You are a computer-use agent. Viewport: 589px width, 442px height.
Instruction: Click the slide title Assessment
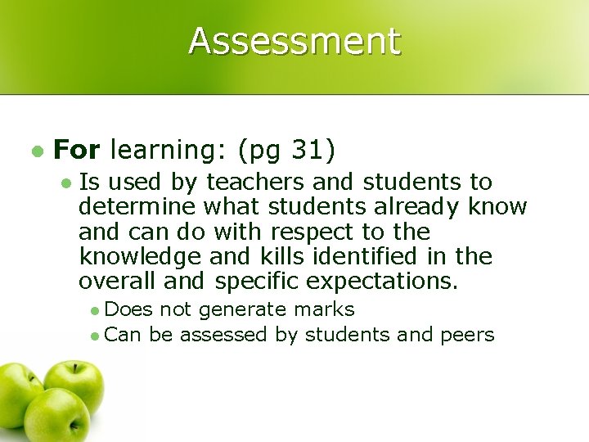[294, 41]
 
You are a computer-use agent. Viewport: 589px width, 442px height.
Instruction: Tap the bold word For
[76, 150]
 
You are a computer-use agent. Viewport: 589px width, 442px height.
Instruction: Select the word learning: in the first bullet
[167, 150]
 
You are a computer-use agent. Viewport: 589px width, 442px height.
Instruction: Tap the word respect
[316, 232]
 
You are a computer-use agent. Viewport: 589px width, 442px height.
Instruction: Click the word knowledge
[138, 257]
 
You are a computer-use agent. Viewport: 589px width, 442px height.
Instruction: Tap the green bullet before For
[36, 151]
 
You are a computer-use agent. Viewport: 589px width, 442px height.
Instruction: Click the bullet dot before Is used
[65, 183]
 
